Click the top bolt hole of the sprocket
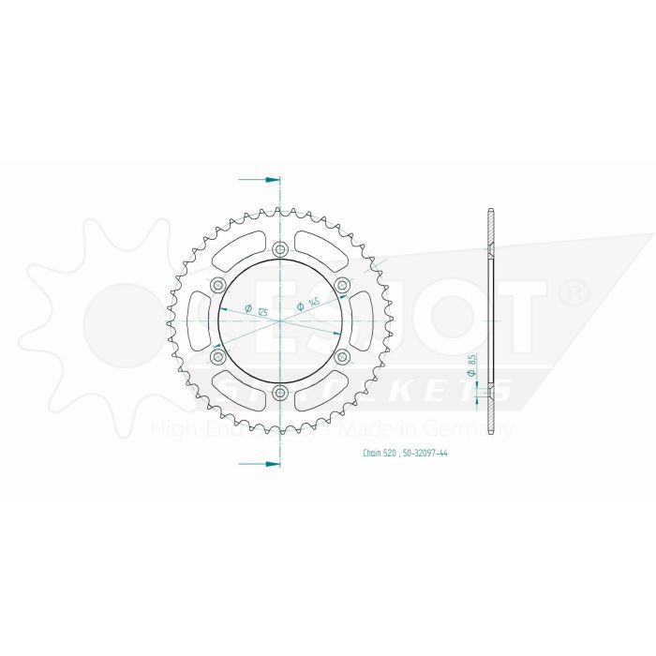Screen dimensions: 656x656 280,249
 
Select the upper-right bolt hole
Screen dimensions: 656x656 342,285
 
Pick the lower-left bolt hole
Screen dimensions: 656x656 218,356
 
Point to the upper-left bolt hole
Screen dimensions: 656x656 218,285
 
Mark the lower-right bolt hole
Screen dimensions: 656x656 342,356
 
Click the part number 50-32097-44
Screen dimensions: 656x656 422,452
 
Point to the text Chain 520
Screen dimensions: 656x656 378,452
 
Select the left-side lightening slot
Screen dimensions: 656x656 199,321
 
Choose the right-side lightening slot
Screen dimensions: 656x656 362,321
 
